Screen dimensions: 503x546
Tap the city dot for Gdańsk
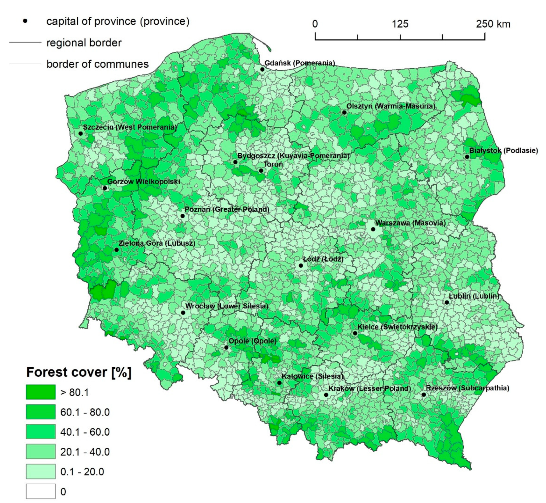tap(262, 69)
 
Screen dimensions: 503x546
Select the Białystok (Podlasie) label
tap(503, 151)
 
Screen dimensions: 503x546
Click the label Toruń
tap(273, 164)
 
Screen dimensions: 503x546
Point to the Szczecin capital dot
tap(80, 133)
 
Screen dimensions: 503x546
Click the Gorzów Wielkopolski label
tap(143, 181)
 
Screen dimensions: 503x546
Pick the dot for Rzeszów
tap(424, 394)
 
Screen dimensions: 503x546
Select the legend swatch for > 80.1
tap(41, 392)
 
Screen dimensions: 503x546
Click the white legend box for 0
tap(41, 491)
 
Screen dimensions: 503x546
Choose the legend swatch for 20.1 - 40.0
tap(41, 452)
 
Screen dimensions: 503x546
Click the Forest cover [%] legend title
tap(79, 372)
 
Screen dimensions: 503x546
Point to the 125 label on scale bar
tap(400, 24)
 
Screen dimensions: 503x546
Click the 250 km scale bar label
tap(493, 24)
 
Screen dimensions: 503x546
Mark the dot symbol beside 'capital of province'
tap(25, 21)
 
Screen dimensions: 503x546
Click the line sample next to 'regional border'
tap(25, 42)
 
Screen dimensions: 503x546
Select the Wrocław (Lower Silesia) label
tap(227, 306)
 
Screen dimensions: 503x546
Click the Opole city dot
tap(226, 348)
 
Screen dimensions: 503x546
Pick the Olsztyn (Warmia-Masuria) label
tap(391, 106)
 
